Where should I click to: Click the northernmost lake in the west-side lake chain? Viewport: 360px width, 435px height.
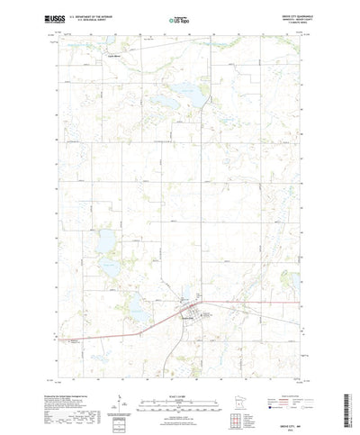click(x=109, y=238)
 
